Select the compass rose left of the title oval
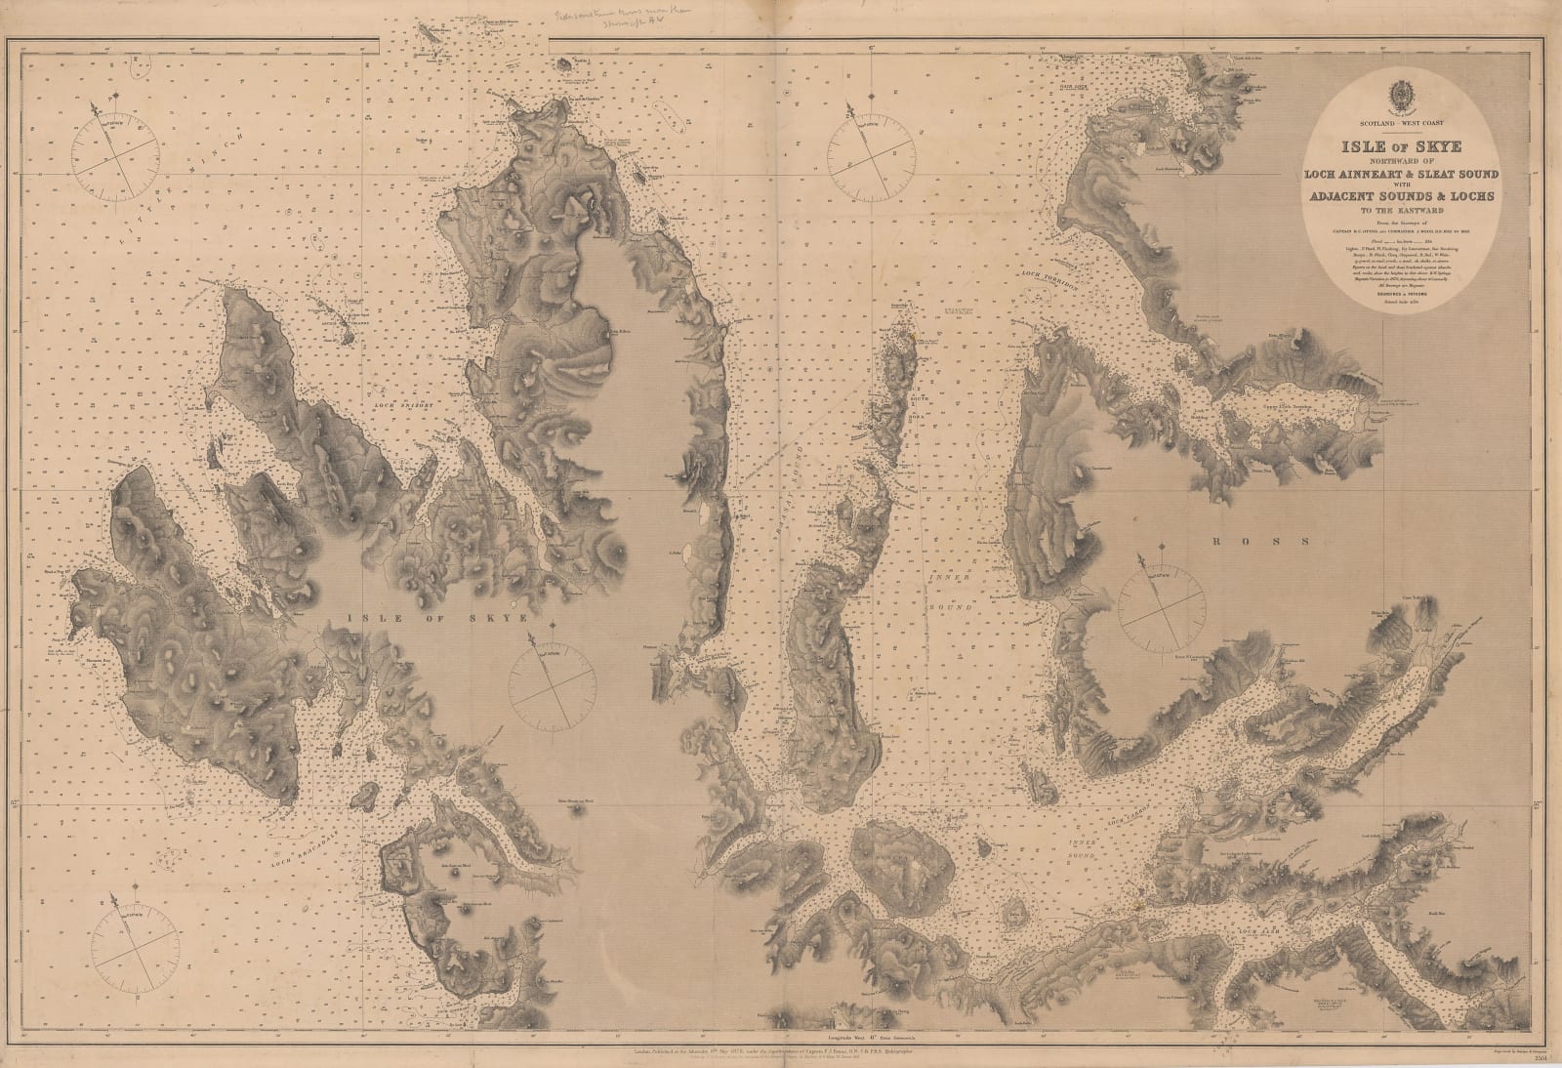tap(871, 150)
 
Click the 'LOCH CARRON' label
tap(1106, 813)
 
